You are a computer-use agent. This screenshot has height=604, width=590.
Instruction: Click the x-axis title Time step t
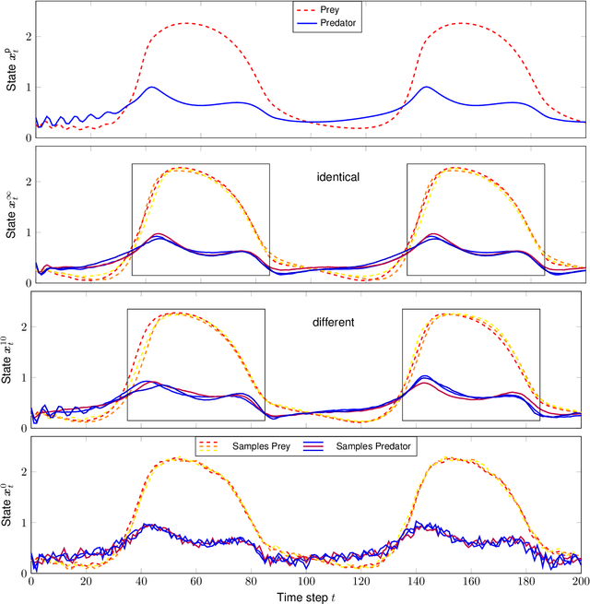point(308,596)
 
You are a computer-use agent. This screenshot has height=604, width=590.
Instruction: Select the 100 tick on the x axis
point(307,582)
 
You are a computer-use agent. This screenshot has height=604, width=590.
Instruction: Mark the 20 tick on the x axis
point(86,582)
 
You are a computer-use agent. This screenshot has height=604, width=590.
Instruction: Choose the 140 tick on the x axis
point(417,582)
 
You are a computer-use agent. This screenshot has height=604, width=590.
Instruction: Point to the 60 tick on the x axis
point(196,582)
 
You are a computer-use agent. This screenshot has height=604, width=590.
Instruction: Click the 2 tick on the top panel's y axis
point(23,37)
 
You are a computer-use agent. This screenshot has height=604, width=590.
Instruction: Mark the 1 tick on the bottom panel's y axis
point(23,522)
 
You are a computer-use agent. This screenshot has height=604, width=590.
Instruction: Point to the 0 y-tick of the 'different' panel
point(23,428)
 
